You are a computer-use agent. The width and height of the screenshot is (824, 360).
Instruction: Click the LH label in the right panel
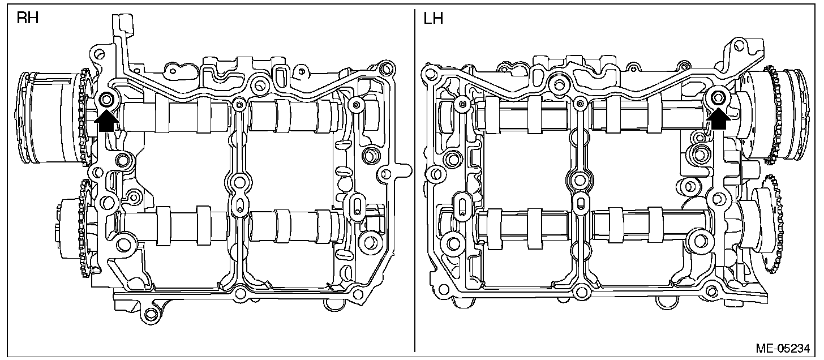433,18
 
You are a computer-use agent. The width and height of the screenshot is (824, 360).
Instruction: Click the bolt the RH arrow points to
106,100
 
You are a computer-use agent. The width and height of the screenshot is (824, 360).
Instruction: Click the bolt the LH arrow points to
719,97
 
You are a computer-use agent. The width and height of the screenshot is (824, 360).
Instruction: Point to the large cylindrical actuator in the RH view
48,116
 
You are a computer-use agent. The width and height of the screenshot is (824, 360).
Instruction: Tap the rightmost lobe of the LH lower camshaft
656,226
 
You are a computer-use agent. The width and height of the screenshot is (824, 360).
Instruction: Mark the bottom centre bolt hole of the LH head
578,293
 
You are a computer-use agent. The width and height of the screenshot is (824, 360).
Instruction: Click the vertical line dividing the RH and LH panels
415,181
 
